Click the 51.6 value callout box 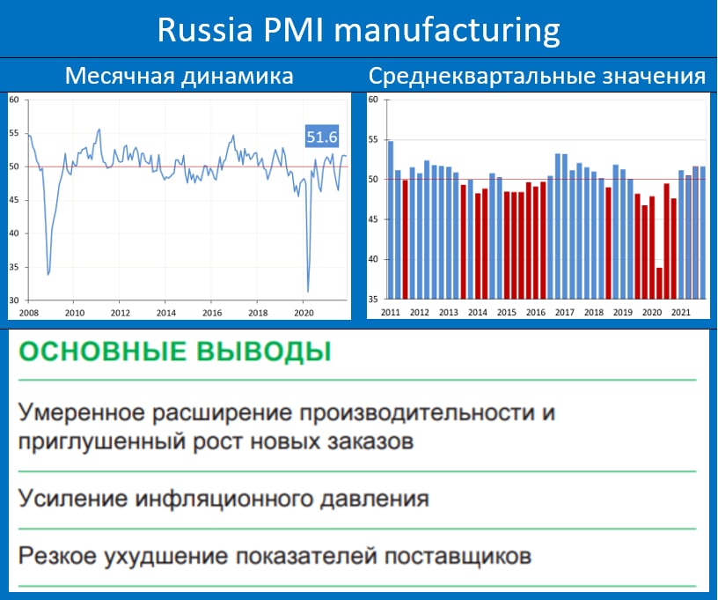tap(322, 137)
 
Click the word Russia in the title tap(205, 30)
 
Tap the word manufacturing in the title tap(447, 31)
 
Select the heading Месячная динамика tap(179, 76)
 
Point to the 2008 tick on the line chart tap(28, 313)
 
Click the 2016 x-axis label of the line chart tap(212, 313)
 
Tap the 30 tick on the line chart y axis tap(14, 300)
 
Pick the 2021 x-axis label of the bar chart tap(680, 312)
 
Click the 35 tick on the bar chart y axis tap(373, 300)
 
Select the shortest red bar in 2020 tap(659, 284)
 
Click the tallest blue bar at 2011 tap(391, 220)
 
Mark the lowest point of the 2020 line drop tap(308, 292)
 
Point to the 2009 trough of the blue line tap(48, 275)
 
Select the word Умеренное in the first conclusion tap(81, 412)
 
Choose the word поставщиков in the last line tap(458, 556)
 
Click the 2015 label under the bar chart tap(507, 312)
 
